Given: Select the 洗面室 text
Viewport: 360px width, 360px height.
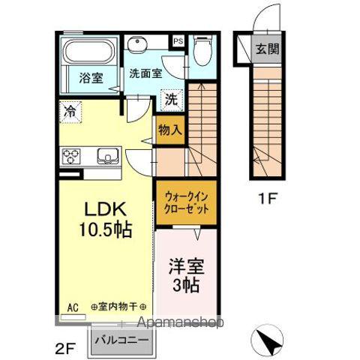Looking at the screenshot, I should pyautogui.click(x=145, y=73).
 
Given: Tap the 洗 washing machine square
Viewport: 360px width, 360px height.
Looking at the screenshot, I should pyautogui.click(x=171, y=98).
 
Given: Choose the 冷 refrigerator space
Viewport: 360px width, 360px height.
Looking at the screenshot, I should pyautogui.click(x=69, y=111).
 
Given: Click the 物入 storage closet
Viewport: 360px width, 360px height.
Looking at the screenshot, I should pyautogui.click(x=169, y=129).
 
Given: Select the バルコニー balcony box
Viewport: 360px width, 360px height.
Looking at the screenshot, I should pyautogui.click(x=123, y=338).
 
